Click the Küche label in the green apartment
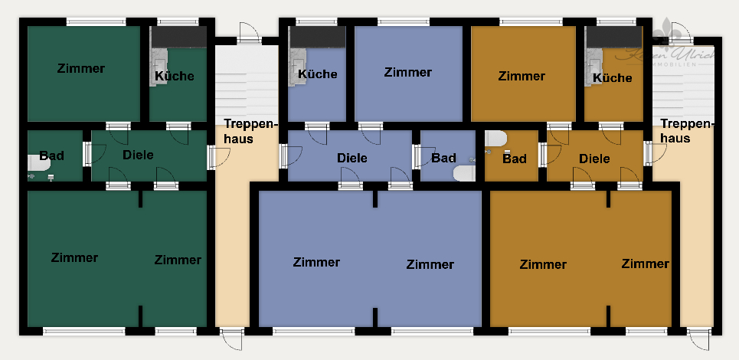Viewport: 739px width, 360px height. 175,76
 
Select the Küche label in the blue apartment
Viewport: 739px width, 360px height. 318,74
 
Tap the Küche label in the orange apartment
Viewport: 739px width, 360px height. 613,77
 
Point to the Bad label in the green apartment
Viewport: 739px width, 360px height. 52,155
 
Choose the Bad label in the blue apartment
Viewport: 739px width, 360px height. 443,158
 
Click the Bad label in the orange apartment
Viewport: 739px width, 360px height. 515,159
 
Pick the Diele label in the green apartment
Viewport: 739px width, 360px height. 138,155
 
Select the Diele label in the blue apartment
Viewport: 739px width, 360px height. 352,158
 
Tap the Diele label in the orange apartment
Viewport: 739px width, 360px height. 595,159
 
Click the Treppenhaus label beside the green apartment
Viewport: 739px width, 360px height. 250,130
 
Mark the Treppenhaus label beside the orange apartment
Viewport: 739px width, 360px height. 687,131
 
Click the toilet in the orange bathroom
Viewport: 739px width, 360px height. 495,139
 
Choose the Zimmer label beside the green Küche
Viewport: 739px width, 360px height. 80,68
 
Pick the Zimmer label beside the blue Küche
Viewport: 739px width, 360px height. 408,72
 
